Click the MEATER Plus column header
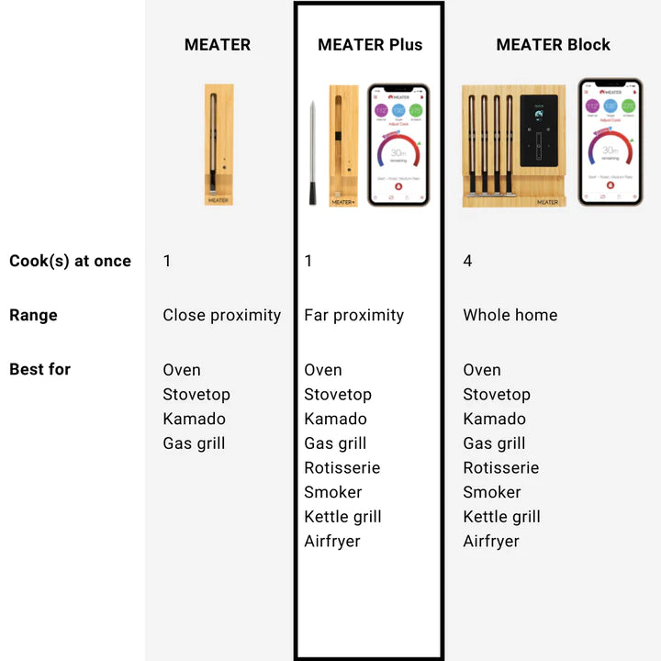(370, 44)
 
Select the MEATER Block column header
(553, 44)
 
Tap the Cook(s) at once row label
(70, 261)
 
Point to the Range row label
(33, 315)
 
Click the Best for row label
(39, 369)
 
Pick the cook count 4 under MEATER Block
(467, 261)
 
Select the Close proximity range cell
(221, 315)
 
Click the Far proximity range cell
(353, 315)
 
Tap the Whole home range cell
(510, 315)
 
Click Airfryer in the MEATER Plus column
(331, 541)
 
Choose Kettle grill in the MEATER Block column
(501, 517)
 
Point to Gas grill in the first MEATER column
(194, 443)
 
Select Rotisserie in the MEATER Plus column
(342, 467)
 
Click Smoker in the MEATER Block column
(491, 492)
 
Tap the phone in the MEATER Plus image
(398, 145)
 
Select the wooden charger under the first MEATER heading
(218, 144)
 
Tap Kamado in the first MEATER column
(194, 419)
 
